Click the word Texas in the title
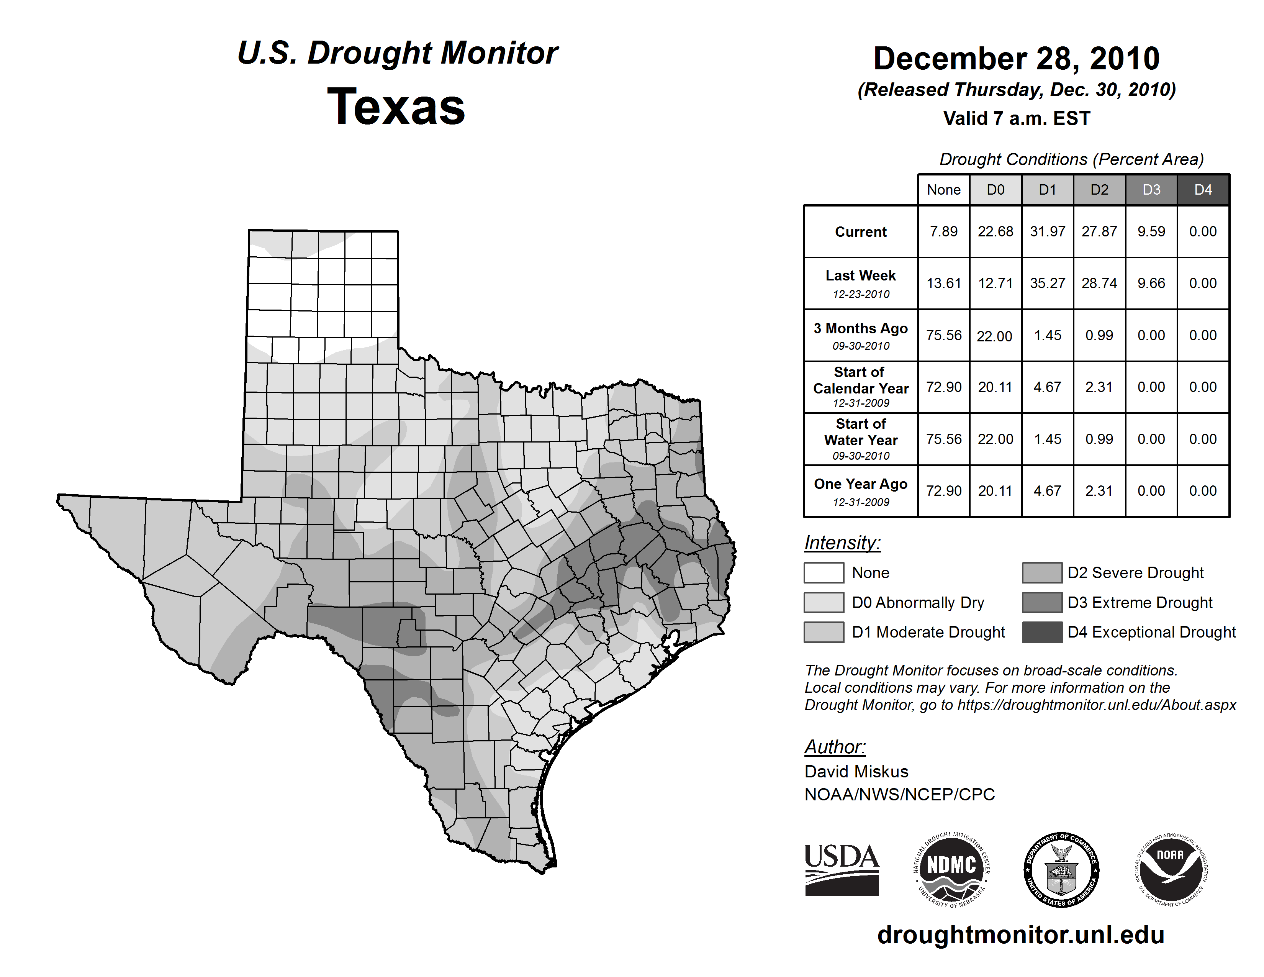click(x=396, y=107)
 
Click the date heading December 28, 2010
click(x=1016, y=59)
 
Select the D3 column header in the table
click(x=1151, y=190)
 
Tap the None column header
click(x=943, y=190)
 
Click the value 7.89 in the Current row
click(x=943, y=231)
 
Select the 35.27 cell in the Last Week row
click(x=1048, y=284)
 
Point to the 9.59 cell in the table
click(x=1151, y=231)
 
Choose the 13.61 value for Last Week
click(x=943, y=284)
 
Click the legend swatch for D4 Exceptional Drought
click(x=1042, y=632)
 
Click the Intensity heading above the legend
click(x=842, y=543)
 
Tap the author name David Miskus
click(x=856, y=772)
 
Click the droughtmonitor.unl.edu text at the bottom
click(x=1020, y=935)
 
